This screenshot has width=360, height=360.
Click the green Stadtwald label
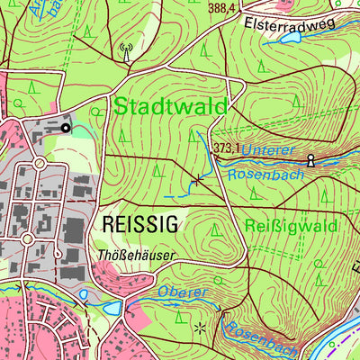(x=169, y=107)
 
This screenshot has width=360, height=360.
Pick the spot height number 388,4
(x=220, y=7)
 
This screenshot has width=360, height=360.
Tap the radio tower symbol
(x=125, y=51)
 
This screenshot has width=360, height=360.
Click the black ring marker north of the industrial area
(x=65, y=128)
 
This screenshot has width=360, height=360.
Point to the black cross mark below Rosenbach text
(x=197, y=181)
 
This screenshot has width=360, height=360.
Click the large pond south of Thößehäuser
(x=112, y=308)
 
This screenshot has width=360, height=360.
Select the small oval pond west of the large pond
(x=84, y=293)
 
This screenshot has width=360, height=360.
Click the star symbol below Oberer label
(x=199, y=328)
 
